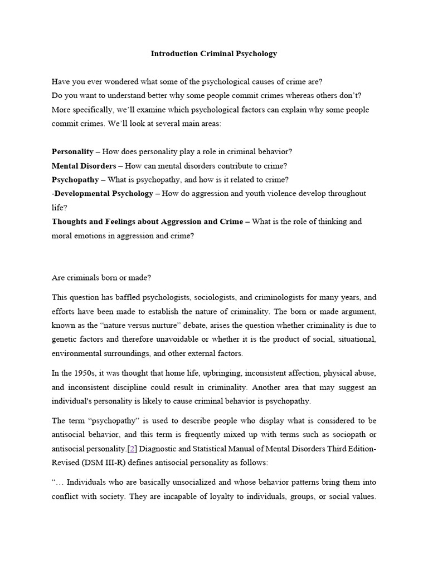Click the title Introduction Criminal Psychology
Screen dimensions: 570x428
(214, 54)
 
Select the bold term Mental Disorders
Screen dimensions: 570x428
(84, 166)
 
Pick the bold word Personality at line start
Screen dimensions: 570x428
(72, 152)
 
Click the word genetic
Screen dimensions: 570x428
(65, 340)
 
